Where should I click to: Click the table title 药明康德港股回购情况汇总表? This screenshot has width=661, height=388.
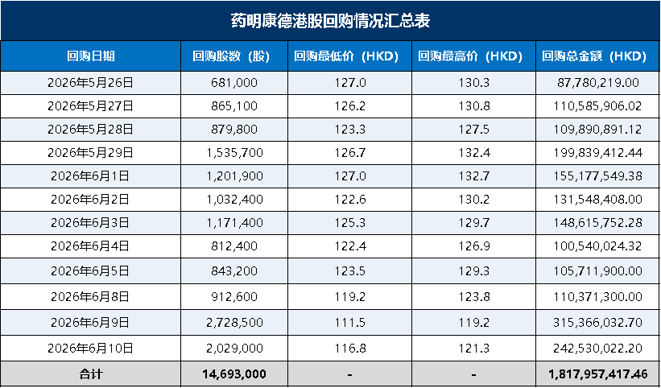(x=330, y=21)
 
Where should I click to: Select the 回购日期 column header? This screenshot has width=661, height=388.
(x=91, y=56)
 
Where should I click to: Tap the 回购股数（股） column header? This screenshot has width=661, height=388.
(x=231, y=56)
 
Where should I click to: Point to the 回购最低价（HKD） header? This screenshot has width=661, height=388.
(x=346, y=56)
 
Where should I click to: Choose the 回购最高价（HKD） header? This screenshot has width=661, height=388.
(x=470, y=56)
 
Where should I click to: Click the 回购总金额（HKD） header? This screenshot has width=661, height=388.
(x=594, y=56)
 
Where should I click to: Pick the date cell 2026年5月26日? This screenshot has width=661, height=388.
(x=91, y=83)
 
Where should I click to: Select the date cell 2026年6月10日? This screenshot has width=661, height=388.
(x=91, y=349)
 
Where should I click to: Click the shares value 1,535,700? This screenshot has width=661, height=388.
(x=234, y=152)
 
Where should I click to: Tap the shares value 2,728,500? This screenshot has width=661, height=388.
(x=234, y=323)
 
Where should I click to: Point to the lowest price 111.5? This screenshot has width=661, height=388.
(x=350, y=323)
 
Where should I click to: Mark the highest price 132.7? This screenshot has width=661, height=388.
(x=474, y=175)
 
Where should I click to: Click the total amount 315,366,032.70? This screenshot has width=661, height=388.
(x=597, y=323)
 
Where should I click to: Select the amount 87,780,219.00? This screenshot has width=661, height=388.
(x=597, y=83)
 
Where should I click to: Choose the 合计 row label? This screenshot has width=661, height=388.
(x=91, y=374)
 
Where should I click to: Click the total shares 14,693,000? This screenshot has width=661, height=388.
(x=234, y=374)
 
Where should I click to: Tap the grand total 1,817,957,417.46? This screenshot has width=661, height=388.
(x=597, y=374)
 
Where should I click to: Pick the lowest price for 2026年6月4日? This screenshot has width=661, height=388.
(x=350, y=246)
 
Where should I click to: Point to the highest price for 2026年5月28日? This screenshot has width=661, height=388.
(x=474, y=130)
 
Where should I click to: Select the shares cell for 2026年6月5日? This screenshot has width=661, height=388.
(x=234, y=271)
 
